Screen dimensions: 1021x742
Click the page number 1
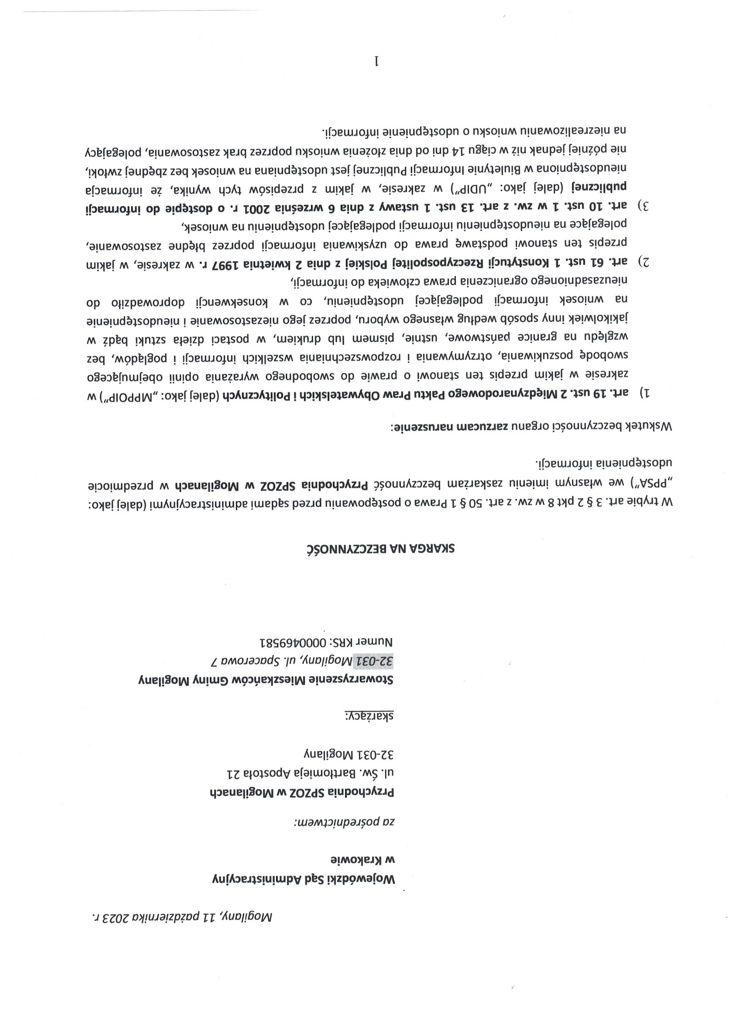point(377,61)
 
